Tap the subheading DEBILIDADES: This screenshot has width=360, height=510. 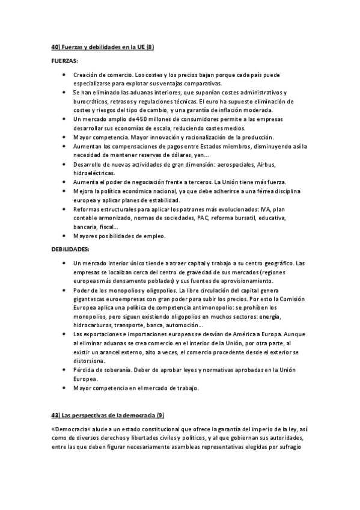click(70, 248)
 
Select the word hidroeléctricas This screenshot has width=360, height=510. click(95, 173)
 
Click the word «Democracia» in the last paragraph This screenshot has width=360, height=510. click(71, 430)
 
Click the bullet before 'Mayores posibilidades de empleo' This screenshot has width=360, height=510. click(64, 236)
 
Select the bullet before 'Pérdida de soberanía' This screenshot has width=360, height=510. click(64, 370)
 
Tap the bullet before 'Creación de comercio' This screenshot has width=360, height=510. click(64, 74)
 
